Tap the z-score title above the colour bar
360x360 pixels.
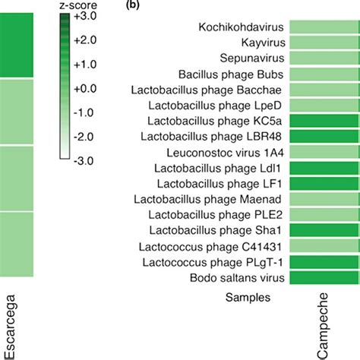[79, 4]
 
